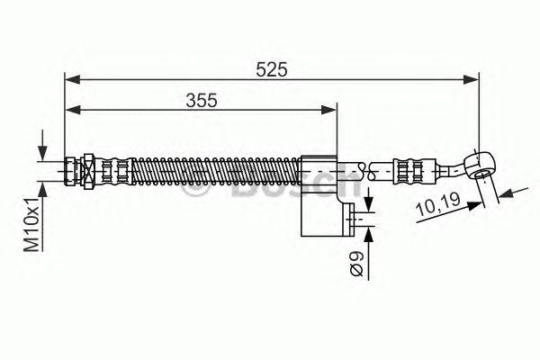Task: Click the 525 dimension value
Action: coord(272,70)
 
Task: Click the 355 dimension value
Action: coord(202,101)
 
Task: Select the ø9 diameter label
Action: coord(356,264)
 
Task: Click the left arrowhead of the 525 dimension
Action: coord(73,79)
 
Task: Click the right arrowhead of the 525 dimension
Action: coord(471,79)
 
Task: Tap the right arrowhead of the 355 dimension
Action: coord(328,110)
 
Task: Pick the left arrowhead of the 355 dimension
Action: coord(73,110)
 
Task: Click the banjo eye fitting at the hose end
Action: coord(480,164)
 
